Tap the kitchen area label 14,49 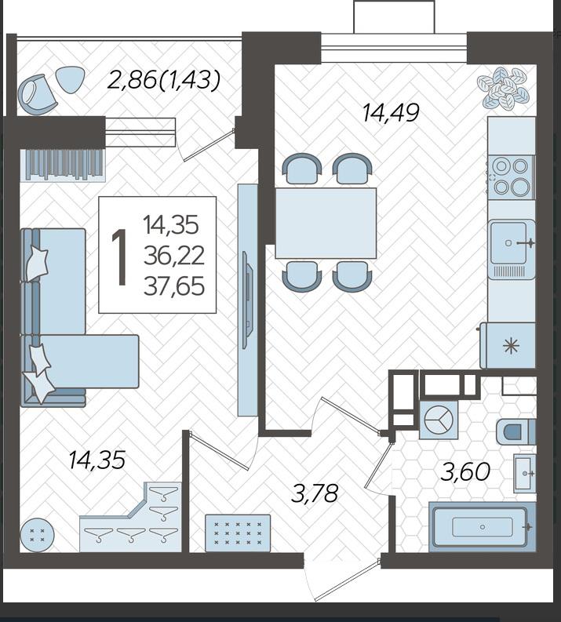pyautogui.click(x=391, y=113)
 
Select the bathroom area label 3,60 pyautogui.click(x=465, y=471)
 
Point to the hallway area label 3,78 pyautogui.click(x=314, y=494)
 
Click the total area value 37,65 pyautogui.click(x=174, y=286)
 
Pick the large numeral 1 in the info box pyautogui.click(x=119, y=256)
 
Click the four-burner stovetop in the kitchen pyautogui.click(x=511, y=176)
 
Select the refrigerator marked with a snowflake pyautogui.click(x=508, y=345)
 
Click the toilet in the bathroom pyautogui.click(x=515, y=431)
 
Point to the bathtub pyautogui.click(x=483, y=527)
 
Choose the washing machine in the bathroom pyautogui.click(x=439, y=420)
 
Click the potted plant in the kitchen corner pyautogui.click(x=506, y=88)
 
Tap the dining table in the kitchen pyautogui.click(x=326, y=224)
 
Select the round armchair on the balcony pyautogui.click(x=37, y=94)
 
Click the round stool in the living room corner pyautogui.click(x=37, y=535)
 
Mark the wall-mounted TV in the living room pyautogui.click(x=248, y=300)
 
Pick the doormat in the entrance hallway pyautogui.click(x=238, y=533)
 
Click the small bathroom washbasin pyautogui.click(x=524, y=473)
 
